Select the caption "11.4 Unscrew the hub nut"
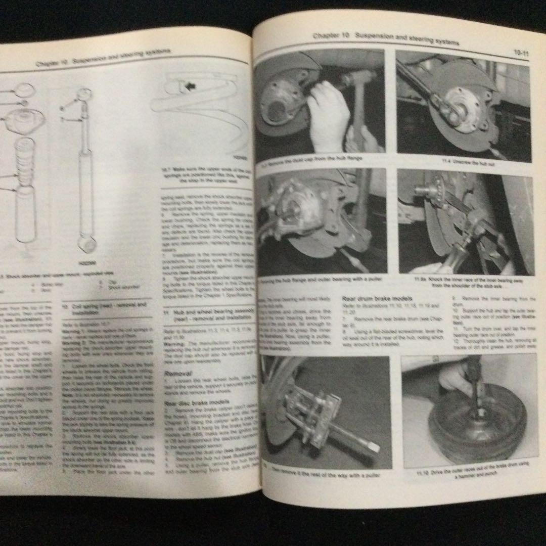coord(462,160)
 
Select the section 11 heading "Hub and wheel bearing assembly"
coord(207,316)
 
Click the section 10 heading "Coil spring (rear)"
coord(104,308)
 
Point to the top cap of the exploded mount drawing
coord(23,90)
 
